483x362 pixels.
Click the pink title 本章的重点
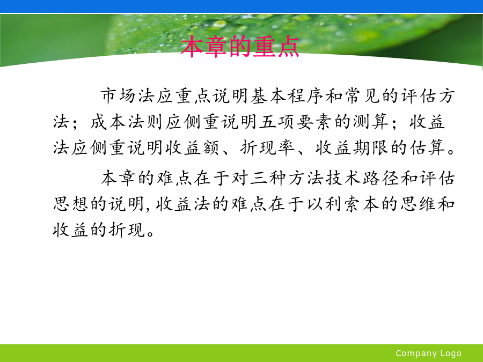pos(240,47)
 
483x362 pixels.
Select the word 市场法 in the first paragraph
pos(128,96)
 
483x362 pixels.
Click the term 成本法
pos(118,122)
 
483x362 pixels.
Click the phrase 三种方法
pos(287,178)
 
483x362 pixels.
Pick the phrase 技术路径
pos(362,178)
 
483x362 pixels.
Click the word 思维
pos(418,204)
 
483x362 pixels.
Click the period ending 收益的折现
pos(151,234)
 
